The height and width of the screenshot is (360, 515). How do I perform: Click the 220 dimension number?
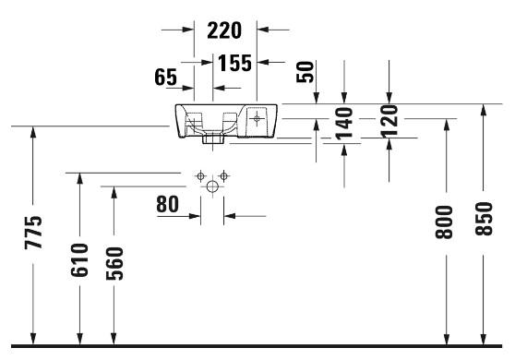tap(224, 30)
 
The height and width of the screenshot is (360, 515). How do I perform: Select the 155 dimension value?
tap(234, 63)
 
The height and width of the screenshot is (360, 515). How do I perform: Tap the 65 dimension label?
tap(165, 77)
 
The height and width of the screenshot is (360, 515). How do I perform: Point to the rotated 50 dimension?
tap(305, 72)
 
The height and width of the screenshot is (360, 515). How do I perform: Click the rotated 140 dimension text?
tap(344, 124)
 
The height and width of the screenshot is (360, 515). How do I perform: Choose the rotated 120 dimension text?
tap(389, 121)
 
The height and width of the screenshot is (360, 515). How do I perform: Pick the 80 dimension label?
tap(167, 204)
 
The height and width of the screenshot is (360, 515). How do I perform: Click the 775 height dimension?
tap(33, 233)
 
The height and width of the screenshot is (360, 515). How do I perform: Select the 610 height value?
tap(79, 260)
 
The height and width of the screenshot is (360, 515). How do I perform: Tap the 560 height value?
tap(114, 263)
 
